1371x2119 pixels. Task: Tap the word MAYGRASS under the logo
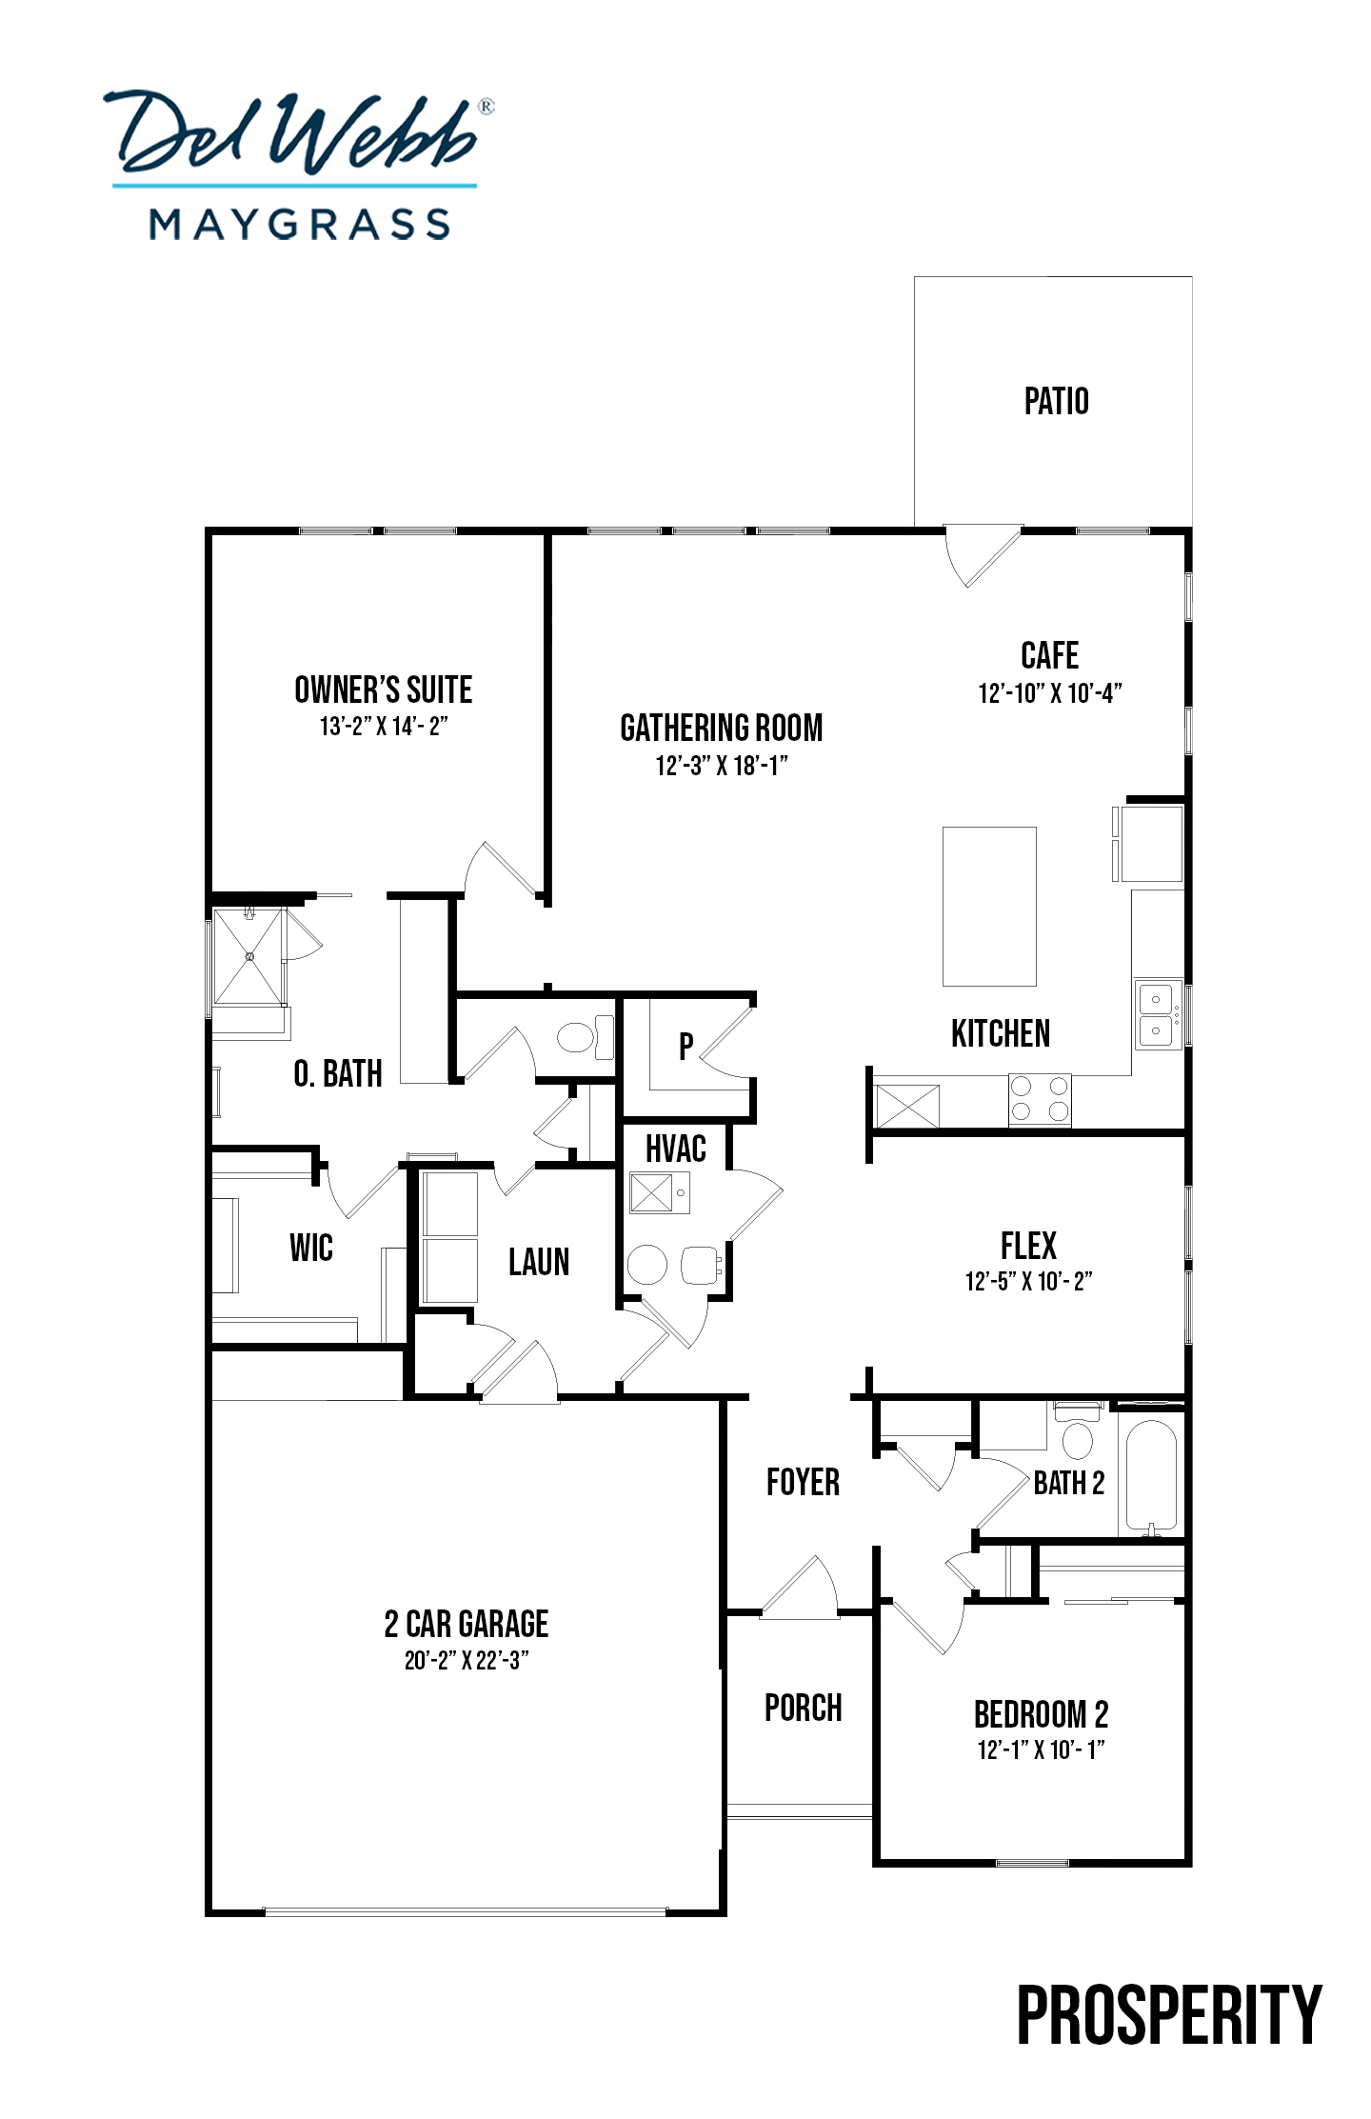pos(300,225)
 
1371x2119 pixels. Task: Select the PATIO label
pos(1056,401)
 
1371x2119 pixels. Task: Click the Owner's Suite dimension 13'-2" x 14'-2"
pos(384,726)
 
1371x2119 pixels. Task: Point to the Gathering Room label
pos(721,728)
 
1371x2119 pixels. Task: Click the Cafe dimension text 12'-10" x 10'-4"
pos(1050,692)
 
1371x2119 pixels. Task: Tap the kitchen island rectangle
pos(989,906)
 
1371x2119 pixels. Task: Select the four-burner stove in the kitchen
pos(1040,1098)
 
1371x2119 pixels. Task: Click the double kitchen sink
pos(1157,1014)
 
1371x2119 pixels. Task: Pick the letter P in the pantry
pos(685,1046)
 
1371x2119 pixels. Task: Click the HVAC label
pos(675,1149)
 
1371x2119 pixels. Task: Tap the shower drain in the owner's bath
pos(249,955)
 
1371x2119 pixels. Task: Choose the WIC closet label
pos(311,1247)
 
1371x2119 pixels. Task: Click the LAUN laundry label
pos(539,1262)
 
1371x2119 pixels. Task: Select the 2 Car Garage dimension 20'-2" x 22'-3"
pos(467,1660)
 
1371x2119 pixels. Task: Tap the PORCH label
pos(804,1708)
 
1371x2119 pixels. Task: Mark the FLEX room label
pos(1028,1245)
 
